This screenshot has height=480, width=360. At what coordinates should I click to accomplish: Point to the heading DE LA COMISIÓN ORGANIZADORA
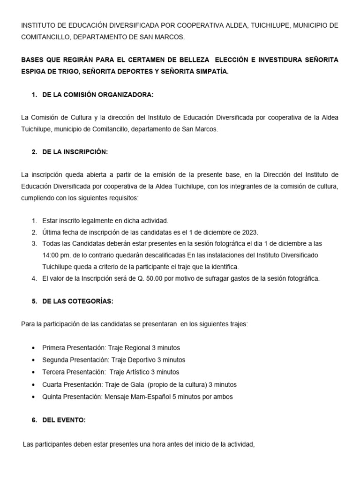97,95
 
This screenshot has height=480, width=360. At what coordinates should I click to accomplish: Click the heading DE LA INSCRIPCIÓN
75,152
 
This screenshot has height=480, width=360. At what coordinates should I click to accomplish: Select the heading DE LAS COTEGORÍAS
77,301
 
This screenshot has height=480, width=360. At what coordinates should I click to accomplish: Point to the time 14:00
50,255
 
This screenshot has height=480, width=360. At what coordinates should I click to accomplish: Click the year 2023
250,232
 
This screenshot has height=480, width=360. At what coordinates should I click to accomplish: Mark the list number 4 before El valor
34,278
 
